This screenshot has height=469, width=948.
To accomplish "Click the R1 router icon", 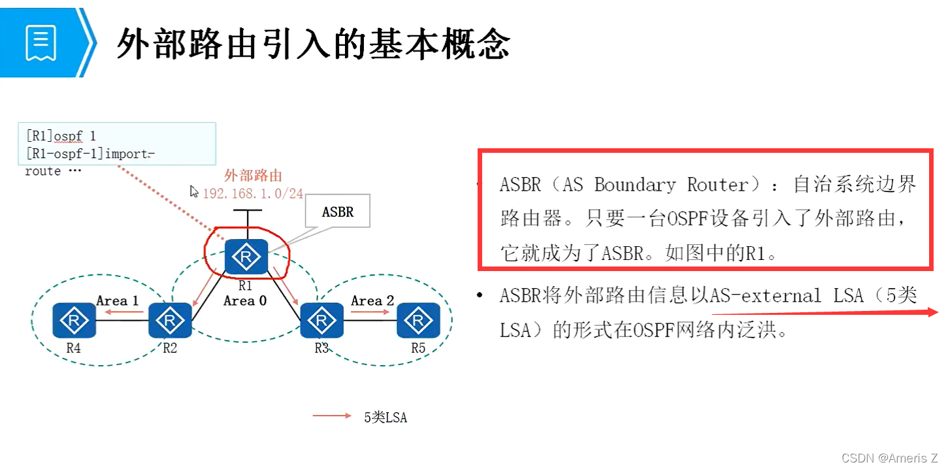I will click(246, 257).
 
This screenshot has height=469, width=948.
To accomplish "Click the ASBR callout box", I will click(338, 212).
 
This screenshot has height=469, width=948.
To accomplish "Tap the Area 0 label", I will click(245, 301).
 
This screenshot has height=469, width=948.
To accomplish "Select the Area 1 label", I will click(118, 300).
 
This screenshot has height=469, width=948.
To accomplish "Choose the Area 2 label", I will click(372, 300).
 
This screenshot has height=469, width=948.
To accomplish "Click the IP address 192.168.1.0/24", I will click(253, 193).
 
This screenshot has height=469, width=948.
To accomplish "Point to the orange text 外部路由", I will click(253, 175).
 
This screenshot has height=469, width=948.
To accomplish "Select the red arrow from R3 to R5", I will click(370, 312).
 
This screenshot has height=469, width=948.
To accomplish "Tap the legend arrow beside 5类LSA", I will click(332, 415).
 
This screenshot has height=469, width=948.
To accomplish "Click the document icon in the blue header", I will click(41, 42).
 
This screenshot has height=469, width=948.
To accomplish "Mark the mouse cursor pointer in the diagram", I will click(194, 191).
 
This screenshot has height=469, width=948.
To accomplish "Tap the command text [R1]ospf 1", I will click(61, 136).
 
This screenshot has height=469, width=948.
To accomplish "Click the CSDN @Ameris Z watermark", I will click(889, 458).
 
